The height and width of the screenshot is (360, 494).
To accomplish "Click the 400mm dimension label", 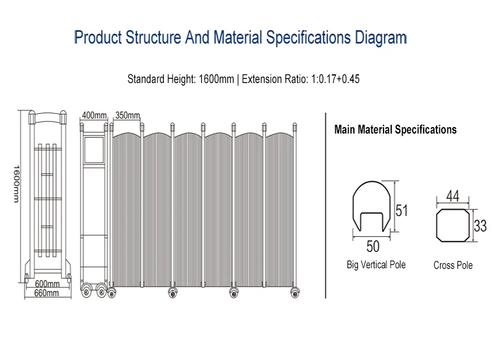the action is (94, 116).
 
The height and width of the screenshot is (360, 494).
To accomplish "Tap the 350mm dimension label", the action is (128, 116).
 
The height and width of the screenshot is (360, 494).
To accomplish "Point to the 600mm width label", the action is (47, 284).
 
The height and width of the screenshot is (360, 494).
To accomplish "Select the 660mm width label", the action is (46, 293).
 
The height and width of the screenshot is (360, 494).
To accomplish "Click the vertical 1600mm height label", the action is (16, 184).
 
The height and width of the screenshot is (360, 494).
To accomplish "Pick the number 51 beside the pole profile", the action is (402, 211).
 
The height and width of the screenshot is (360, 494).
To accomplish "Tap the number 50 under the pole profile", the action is (373, 246).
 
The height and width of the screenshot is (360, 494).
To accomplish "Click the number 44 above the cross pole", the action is (453, 196).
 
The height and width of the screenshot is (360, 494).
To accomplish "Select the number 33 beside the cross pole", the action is (480, 226).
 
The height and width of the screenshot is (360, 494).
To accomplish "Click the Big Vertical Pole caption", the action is (376, 265).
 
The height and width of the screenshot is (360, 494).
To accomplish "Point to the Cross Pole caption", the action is (453, 265).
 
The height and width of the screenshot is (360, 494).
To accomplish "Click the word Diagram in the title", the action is (381, 37).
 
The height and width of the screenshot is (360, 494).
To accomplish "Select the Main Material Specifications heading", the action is (395, 129).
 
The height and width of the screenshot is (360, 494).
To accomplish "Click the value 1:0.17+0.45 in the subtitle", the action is (335, 79).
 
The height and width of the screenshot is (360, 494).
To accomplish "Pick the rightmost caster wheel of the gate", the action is (295, 293).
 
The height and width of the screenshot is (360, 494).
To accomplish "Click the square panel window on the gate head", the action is (94, 150).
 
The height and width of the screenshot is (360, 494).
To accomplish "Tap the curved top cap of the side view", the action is (48, 118).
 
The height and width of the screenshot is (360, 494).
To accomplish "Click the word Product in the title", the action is (98, 37).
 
